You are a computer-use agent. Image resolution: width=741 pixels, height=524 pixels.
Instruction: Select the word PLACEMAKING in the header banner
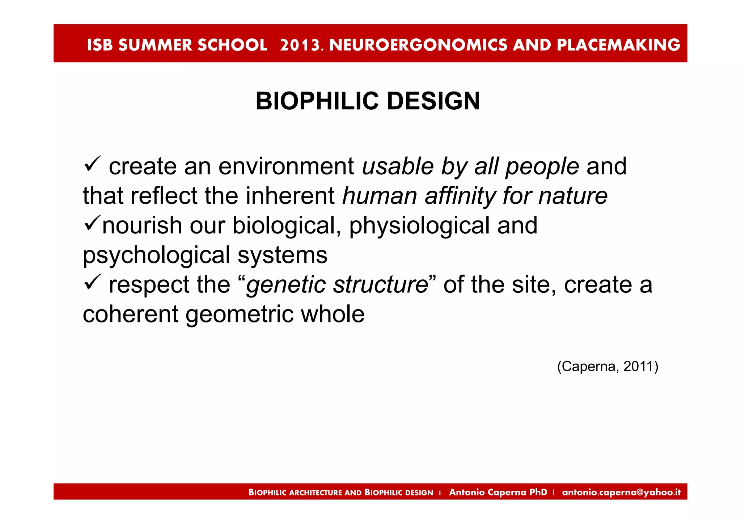[x=618, y=45]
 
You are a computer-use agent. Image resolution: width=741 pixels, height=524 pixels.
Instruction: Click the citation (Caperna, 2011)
[x=607, y=367]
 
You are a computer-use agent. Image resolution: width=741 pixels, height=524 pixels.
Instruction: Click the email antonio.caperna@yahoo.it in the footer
[x=621, y=492]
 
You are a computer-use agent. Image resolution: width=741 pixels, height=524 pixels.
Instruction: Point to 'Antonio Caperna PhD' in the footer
[x=498, y=492]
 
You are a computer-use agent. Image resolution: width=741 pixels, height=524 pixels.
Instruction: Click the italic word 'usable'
[x=398, y=166]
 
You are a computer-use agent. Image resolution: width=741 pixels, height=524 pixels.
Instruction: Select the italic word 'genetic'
[x=286, y=285]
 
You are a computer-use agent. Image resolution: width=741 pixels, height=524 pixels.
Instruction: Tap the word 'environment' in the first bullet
[x=286, y=166]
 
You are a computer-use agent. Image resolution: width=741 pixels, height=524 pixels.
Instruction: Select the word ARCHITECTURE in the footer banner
[x=315, y=493]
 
